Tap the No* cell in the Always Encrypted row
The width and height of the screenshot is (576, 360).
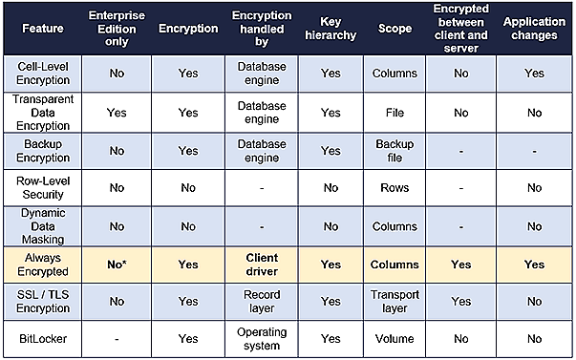[x=117, y=263]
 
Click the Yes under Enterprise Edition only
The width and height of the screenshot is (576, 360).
[x=117, y=112]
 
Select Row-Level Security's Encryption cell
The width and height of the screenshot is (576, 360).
[x=188, y=188]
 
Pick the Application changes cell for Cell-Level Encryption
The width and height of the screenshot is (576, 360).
[x=534, y=72]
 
